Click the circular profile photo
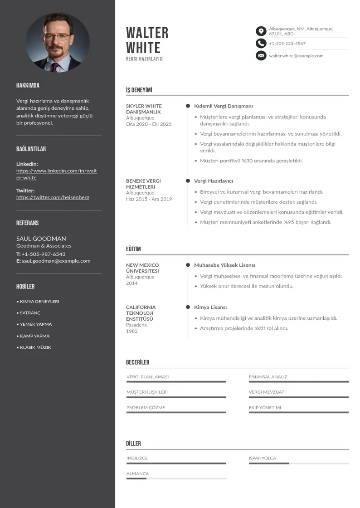(x=58, y=44)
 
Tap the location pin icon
(x=261, y=31)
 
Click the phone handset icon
(x=261, y=44)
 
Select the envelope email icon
(x=261, y=56)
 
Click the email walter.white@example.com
(x=296, y=56)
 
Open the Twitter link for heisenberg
(x=53, y=197)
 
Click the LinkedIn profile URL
(x=56, y=174)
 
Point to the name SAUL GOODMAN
(x=41, y=239)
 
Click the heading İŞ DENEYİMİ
(x=139, y=90)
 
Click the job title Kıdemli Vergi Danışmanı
(x=223, y=106)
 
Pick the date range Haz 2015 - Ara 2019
(x=149, y=199)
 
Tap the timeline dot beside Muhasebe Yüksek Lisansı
(x=188, y=265)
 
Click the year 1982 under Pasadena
(x=131, y=331)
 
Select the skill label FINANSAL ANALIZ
(x=268, y=377)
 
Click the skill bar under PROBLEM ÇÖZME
(x=176, y=412)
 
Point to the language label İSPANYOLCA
(x=262, y=458)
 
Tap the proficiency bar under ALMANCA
(x=176, y=479)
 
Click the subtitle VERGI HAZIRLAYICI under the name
(x=145, y=59)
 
